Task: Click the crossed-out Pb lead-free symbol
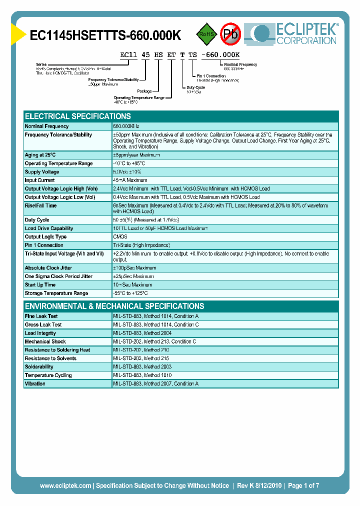click(230, 34)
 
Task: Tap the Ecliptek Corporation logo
click(295, 34)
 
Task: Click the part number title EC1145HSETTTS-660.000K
click(105, 35)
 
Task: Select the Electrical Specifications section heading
click(78, 116)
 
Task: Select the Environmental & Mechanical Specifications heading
click(114, 306)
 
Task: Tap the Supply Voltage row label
click(42, 172)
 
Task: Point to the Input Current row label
click(40, 180)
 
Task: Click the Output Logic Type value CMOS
click(120, 237)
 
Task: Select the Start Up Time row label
click(40, 285)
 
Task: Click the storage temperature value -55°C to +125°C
click(130, 293)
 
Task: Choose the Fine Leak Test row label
click(41, 316)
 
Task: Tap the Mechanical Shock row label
click(45, 342)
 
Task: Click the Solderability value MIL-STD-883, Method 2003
click(142, 367)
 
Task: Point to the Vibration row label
click(35, 384)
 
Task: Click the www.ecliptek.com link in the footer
click(65, 485)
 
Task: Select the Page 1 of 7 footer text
click(303, 485)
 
